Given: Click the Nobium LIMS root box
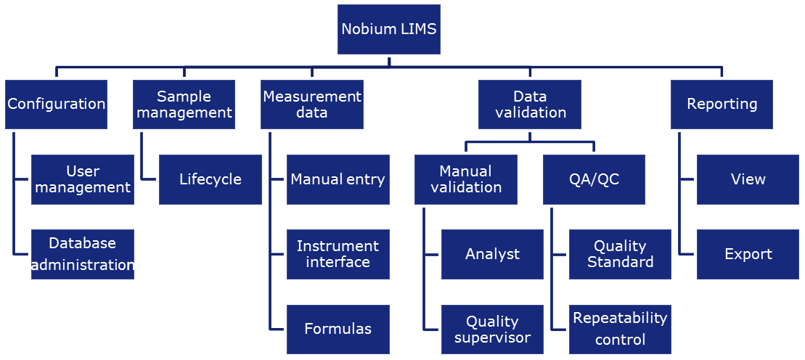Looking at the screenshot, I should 389,29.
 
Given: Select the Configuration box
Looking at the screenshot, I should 56,105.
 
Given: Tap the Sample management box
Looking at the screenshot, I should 184,105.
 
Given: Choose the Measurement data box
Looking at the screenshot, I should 312,105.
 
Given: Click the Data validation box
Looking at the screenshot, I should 530,105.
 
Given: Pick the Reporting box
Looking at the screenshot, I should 722,105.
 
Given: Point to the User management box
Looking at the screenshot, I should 83,179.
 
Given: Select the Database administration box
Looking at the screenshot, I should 83,254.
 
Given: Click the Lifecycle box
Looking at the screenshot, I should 211,179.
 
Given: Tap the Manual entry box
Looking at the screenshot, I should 338,179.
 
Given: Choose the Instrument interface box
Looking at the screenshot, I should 338,254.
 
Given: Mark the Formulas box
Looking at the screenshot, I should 338,329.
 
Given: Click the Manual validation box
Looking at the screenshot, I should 466,179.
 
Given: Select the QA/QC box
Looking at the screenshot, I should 594,179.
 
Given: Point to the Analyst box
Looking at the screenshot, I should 492,254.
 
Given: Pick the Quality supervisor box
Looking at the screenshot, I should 492,329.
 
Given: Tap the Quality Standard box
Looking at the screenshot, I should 620,254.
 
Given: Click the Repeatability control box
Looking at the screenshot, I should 620,329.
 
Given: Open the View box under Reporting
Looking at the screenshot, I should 748,179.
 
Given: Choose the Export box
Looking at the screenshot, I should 748,254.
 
